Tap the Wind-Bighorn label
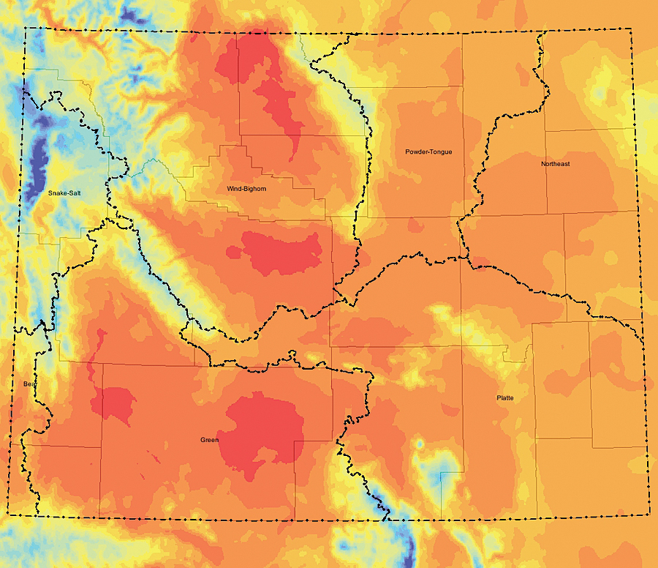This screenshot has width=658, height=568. coord(246,189)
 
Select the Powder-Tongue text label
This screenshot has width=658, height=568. coord(428,152)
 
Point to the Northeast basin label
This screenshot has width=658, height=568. coord(556,164)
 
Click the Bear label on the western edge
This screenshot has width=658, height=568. coord(29,384)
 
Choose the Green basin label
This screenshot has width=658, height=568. coord(209,440)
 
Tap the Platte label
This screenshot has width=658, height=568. coord(504,397)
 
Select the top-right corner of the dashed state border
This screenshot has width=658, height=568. coord(630,29)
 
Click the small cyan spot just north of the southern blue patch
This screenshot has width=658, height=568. coord(420,444)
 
